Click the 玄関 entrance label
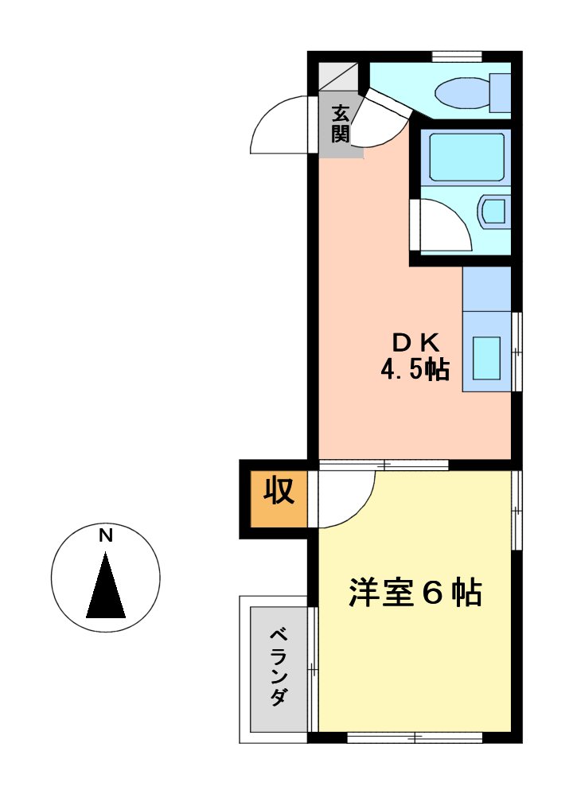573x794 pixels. click(x=341, y=123)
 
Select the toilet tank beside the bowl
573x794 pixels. click(x=500, y=92)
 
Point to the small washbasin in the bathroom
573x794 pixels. click(x=493, y=212)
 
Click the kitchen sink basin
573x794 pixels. click(x=486, y=357)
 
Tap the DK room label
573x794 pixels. click(x=415, y=342)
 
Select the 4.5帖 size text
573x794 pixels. click(x=415, y=371)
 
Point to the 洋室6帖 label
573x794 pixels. click(x=415, y=594)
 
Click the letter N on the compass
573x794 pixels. click(x=105, y=535)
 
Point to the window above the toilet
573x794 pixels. click(x=457, y=56)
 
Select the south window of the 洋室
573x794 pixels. click(x=415, y=738)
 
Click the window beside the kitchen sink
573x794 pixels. click(x=517, y=350)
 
